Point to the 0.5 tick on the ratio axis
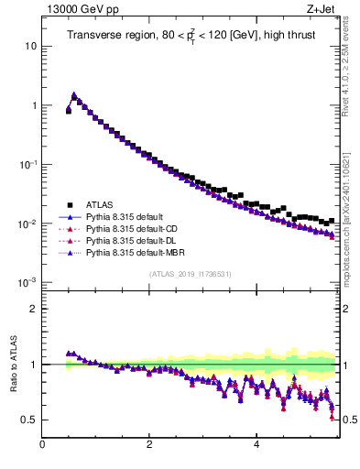[x=30, y=420]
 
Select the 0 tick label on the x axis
[x=42, y=445]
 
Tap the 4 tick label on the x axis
[x=256, y=445]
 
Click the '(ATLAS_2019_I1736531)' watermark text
[x=189, y=275]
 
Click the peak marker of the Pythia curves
[x=74, y=94]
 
